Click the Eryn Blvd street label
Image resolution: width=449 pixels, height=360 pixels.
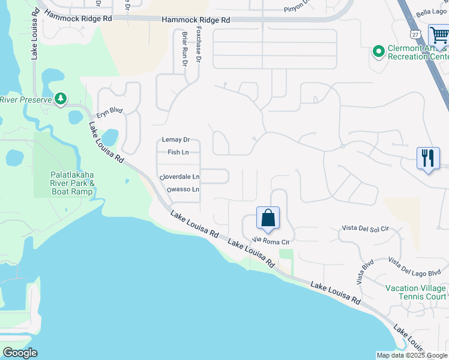(x=109, y=110)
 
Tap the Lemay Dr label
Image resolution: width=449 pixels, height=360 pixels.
(x=176, y=140)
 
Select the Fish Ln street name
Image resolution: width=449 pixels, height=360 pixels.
(x=178, y=152)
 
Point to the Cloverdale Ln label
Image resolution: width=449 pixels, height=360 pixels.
(x=179, y=177)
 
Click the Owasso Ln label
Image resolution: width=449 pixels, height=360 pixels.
(x=182, y=190)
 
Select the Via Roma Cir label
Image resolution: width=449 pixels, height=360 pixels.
(x=271, y=241)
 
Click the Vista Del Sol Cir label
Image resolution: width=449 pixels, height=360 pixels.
(x=365, y=229)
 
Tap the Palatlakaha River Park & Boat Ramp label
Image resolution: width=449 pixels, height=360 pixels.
(x=72, y=183)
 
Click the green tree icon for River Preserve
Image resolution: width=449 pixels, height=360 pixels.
(x=60, y=98)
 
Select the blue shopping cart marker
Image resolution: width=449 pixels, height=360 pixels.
(x=439, y=36)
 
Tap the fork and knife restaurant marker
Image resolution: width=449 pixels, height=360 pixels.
(x=428, y=158)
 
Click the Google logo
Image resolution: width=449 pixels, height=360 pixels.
(x=20, y=353)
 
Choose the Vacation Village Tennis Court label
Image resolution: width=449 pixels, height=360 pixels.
(x=416, y=292)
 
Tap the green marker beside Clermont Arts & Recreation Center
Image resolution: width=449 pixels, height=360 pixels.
(x=378, y=52)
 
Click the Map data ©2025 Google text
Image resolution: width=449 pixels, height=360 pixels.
(x=411, y=355)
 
